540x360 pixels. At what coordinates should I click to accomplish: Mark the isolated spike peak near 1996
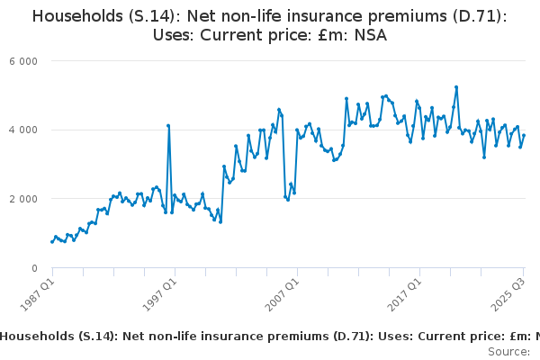click(x=168, y=125)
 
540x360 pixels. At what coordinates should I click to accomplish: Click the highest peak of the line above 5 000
click(x=456, y=87)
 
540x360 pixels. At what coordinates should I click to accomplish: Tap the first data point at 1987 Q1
click(x=52, y=241)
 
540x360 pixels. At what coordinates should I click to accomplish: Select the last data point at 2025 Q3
click(x=524, y=136)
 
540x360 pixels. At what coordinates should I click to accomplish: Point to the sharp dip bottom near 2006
click(x=288, y=199)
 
